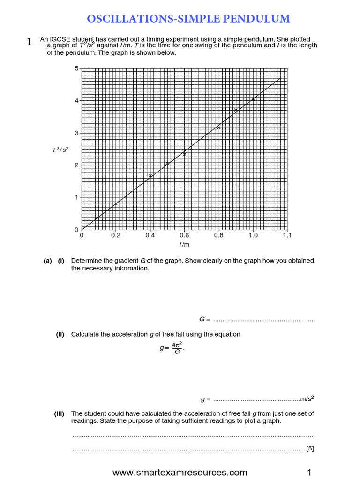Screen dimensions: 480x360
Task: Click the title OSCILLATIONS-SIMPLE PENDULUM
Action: (x=188, y=19)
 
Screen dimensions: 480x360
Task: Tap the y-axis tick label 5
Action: (x=76, y=68)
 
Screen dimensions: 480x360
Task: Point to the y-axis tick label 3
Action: (x=76, y=133)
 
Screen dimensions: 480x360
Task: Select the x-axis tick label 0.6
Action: (x=184, y=236)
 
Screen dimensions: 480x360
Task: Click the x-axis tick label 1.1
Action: (x=287, y=236)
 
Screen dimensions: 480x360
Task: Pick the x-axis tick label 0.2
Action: (x=116, y=236)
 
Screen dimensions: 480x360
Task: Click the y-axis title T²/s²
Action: (x=60, y=150)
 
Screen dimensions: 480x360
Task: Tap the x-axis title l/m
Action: (x=184, y=245)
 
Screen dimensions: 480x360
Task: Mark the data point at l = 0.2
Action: (x=116, y=203)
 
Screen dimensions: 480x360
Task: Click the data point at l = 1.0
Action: (x=253, y=99)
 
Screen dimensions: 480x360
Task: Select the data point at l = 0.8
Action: (x=218, y=127)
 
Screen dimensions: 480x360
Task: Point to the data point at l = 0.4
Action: (x=150, y=176)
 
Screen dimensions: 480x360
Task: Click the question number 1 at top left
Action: (x=29, y=42)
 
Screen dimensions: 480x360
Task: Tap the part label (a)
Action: (x=48, y=261)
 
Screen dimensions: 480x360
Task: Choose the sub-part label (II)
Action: (x=60, y=334)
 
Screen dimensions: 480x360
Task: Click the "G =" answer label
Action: (x=204, y=319)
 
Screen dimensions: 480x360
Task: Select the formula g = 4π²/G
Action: (x=172, y=348)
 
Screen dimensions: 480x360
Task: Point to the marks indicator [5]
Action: (x=310, y=449)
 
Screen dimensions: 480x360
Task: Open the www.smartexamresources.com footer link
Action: (x=180, y=472)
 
